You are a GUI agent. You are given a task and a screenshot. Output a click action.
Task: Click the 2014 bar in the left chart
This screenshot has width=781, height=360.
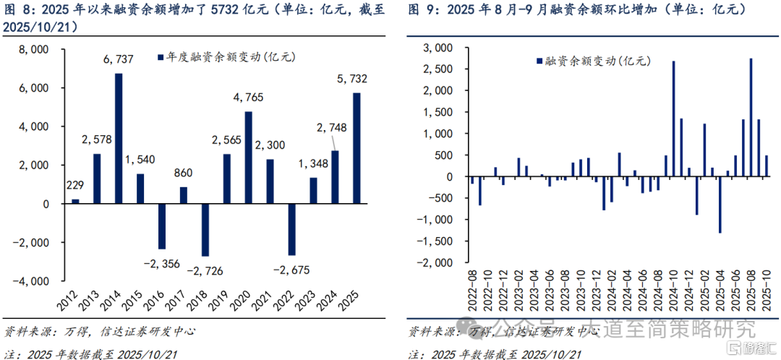coord(119,138)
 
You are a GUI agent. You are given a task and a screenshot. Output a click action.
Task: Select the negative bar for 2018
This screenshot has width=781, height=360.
coord(205,230)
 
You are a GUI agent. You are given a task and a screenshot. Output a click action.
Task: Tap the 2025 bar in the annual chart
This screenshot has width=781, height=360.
coord(357,148)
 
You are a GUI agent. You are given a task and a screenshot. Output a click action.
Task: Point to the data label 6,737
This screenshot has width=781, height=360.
coord(119,62)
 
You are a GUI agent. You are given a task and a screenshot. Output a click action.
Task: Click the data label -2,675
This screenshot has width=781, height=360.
coord(291,270)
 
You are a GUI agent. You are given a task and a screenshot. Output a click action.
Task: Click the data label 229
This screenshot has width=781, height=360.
coord(75,186)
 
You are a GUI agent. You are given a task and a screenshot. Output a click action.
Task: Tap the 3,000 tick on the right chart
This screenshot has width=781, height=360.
coord(437,48)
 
